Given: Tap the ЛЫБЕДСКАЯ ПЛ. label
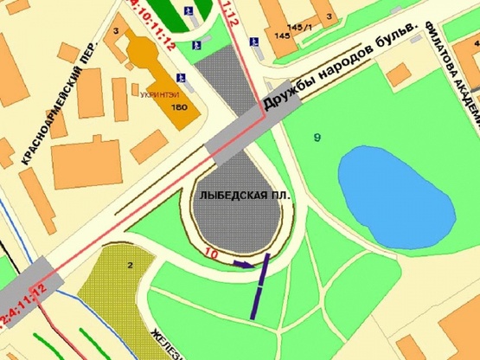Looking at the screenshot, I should click(x=242, y=196).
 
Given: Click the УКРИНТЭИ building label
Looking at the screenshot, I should click(x=157, y=94).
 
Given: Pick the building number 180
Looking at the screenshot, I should click(x=180, y=107).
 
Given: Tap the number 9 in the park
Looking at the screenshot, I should click(x=317, y=137).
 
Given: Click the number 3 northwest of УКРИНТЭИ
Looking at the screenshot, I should click(x=115, y=31).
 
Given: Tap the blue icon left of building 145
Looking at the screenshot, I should click(x=253, y=41).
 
